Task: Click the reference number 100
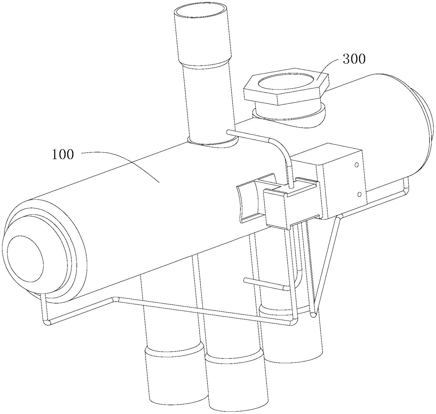coord(63,155)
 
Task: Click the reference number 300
coord(354,59)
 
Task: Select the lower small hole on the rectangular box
coord(359,194)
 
